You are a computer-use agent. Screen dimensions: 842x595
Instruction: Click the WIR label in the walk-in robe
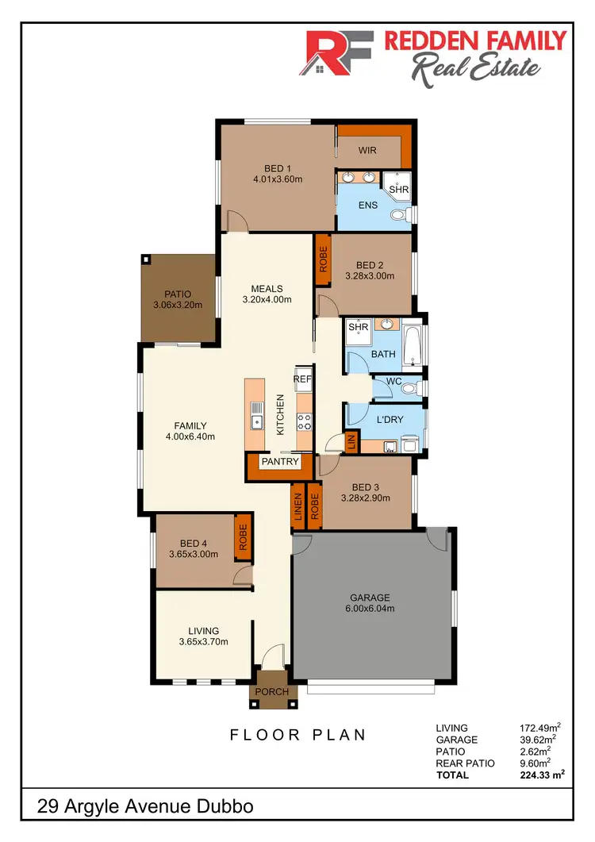click(x=367, y=149)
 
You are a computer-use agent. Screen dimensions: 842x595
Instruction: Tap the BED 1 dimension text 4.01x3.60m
click(x=278, y=179)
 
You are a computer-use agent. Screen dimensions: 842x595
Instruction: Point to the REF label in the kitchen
click(x=302, y=379)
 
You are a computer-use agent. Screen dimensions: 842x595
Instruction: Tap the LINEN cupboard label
click(x=298, y=506)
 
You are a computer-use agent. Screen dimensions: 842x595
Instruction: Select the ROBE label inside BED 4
click(x=244, y=538)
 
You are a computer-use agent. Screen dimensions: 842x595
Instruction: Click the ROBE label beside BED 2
click(x=323, y=260)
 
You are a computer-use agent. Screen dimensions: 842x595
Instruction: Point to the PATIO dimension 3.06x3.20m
click(x=178, y=305)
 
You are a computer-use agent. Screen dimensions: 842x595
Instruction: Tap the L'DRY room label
click(x=390, y=419)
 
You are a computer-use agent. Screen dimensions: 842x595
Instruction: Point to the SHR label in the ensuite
click(x=398, y=190)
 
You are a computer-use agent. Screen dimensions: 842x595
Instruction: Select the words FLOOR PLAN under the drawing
click(x=298, y=735)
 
